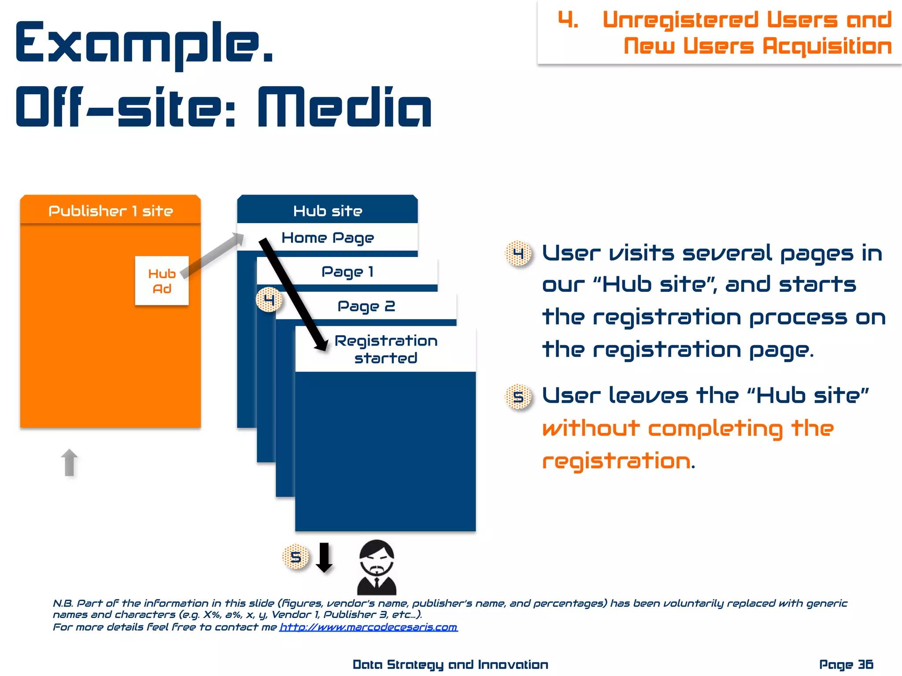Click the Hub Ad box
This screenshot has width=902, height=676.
(x=162, y=281)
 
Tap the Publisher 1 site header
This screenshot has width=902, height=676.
(x=111, y=211)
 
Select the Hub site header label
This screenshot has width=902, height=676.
(x=328, y=211)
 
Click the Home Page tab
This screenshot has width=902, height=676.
(x=328, y=238)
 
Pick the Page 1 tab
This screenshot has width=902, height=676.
(x=347, y=272)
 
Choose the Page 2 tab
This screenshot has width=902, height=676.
(x=366, y=306)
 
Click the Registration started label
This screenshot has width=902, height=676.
(x=386, y=349)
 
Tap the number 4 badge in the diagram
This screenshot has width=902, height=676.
(x=269, y=300)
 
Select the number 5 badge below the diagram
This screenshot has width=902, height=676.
(x=296, y=557)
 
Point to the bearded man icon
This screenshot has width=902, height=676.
(x=377, y=568)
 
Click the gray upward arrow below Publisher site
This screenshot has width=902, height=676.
(x=69, y=463)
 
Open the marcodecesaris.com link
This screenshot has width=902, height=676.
(x=369, y=627)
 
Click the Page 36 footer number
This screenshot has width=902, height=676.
(x=846, y=665)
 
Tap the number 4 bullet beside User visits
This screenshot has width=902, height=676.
(x=518, y=253)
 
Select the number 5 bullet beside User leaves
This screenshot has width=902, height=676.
(x=518, y=397)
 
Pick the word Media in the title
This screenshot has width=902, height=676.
(x=344, y=108)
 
